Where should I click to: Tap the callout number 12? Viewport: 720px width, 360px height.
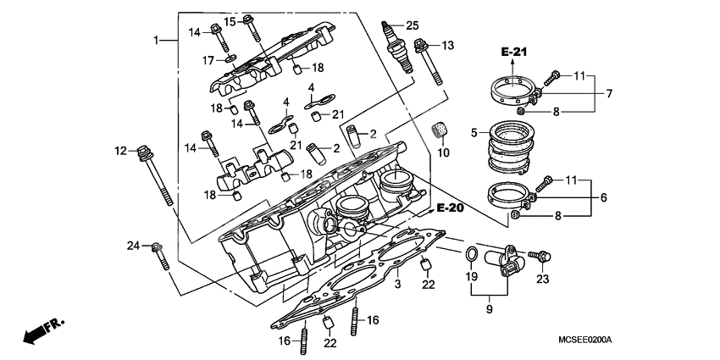[x=120, y=151]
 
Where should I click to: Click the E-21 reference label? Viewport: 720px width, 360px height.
[x=514, y=53]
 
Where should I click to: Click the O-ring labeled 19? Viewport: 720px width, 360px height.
[x=470, y=253]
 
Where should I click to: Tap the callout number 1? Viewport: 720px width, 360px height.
[x=157, y=41]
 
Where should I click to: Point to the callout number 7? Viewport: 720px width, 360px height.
[x=609, y=92]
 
